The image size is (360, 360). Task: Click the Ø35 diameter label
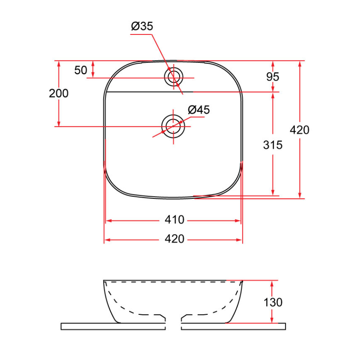142,26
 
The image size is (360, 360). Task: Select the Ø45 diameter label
198,110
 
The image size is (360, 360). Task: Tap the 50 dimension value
80,70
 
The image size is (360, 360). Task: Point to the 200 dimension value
59,93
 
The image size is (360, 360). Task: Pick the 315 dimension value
273,145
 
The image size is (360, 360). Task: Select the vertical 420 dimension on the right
300,130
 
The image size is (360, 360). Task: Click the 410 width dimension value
174,220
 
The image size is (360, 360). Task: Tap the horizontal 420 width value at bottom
174,239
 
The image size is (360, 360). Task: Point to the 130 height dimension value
273,302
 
